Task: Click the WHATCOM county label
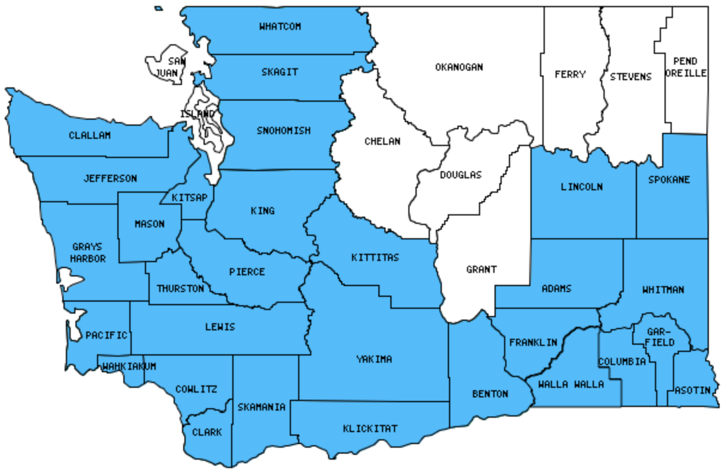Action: [280, 26]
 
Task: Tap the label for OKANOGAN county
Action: [459, 67]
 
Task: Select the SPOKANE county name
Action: [672, 180]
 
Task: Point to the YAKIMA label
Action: [374, 359]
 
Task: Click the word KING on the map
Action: [263, 211]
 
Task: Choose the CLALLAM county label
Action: [90, 135]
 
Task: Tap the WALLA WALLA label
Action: [571, 384]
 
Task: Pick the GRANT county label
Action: [481, 269]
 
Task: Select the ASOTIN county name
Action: [693, 390]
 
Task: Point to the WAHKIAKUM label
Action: [129, 366]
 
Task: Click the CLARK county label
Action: [207, 432]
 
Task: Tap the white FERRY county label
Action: [570, 75]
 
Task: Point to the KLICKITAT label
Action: [370, 429]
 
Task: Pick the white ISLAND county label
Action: [197, 114]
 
